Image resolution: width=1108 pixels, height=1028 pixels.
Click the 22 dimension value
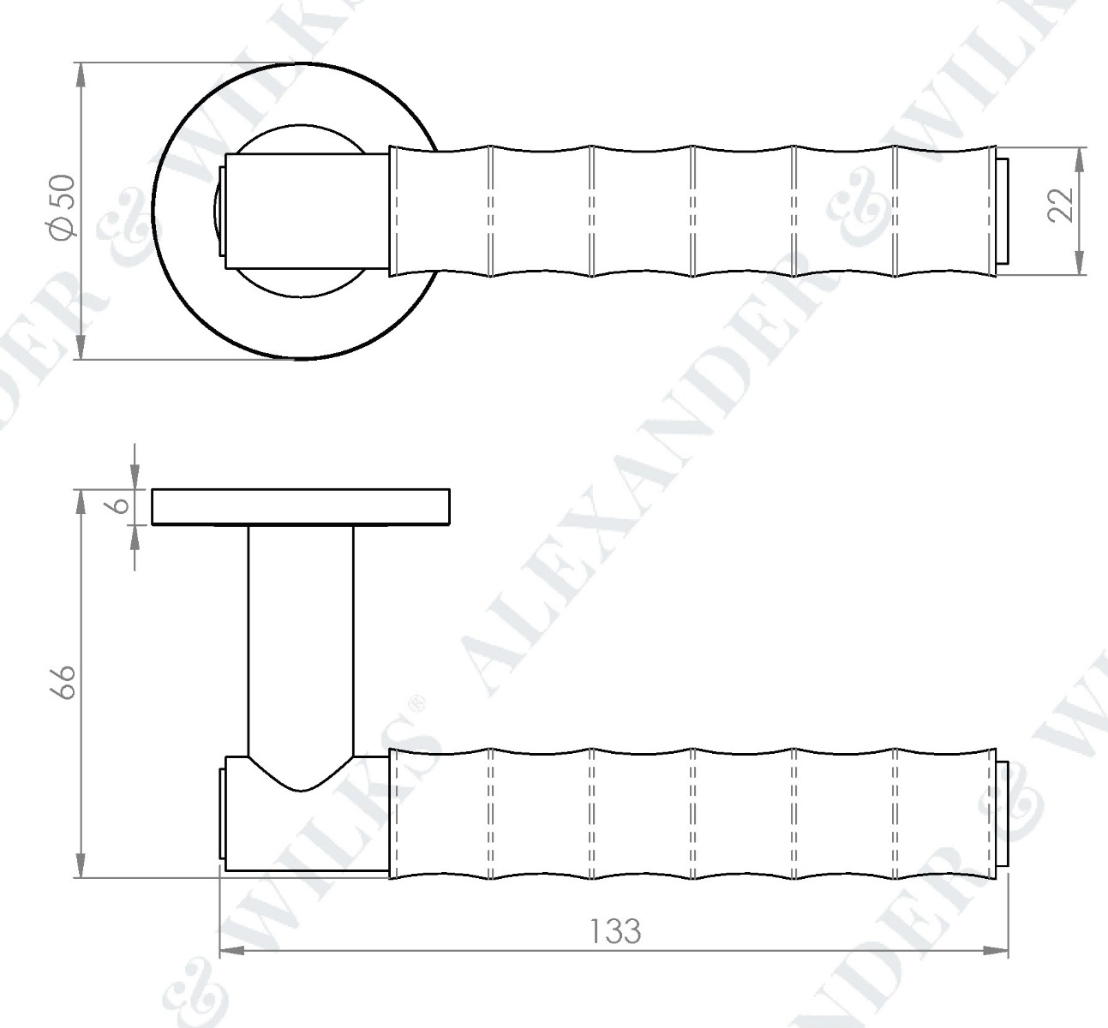coord(1062,205)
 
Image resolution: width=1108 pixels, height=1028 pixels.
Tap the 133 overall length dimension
coord(615,930)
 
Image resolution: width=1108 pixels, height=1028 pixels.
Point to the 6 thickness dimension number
coord(122,505)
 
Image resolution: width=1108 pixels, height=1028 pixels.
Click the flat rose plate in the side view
coord(300,506)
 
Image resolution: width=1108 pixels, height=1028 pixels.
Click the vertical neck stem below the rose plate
coord(300,634)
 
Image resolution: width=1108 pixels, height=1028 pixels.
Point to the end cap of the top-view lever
coord(1003,211)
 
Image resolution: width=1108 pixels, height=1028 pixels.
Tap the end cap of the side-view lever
coord(1003,813)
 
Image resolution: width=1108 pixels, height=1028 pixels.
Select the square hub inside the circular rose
coord(304,211)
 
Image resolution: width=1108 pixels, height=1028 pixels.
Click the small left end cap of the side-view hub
coord(222,812)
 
